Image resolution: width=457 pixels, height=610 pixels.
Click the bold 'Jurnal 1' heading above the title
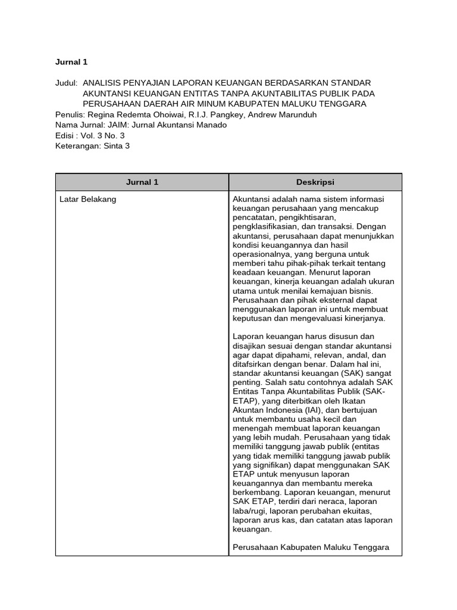click(71, 61)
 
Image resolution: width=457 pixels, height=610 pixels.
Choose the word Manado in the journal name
click(212, 125)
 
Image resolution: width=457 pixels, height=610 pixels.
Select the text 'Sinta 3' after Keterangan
click(116, 146)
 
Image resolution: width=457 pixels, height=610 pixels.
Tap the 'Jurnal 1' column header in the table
click(142, 182)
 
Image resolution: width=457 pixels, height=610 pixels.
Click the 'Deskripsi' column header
click(315, 182)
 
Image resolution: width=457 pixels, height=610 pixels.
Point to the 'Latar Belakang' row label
click(88, 200)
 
